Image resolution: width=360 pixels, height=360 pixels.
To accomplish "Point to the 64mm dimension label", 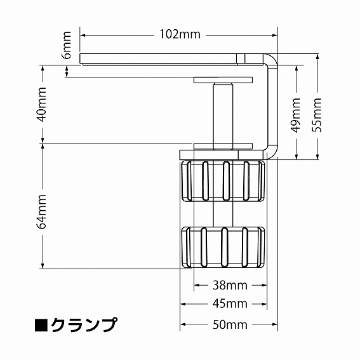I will click(42, 211).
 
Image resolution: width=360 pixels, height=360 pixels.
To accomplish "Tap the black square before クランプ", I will click(41, 325).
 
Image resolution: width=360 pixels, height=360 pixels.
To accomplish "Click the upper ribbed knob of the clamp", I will click(223, 182).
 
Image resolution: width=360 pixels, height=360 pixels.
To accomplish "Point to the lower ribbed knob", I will click(223, 246).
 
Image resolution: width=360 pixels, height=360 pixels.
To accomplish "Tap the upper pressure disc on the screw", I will click(223, 81).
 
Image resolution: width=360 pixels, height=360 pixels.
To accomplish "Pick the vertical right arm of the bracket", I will click(274, 108).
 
